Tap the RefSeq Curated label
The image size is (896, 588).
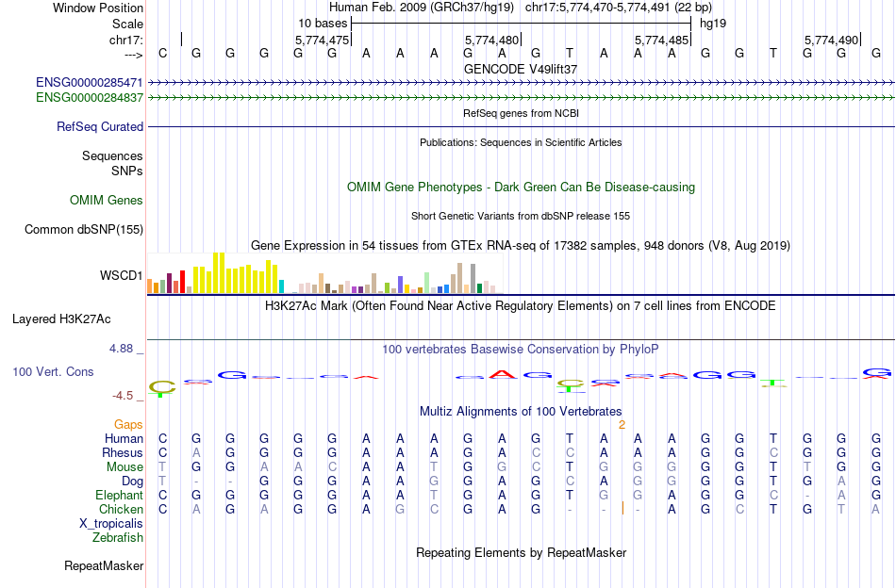[x=100, y=126]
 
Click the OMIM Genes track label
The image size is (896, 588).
[x=107, y=200]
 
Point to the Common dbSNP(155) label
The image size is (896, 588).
[x=84, y=229]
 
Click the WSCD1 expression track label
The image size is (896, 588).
[x=122, y=276]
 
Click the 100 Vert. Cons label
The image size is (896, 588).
[x=53, y=372]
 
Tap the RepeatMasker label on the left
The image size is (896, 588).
[x=104, y=566]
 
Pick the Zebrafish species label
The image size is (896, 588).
[x=118, y=538]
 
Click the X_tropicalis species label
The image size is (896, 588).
[x=111, y=523]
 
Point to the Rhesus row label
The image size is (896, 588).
[x=122, y=452]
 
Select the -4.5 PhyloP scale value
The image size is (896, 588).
[x=124, y=396]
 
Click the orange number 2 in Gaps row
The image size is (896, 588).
[x=622, y=425]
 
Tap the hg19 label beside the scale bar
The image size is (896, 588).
[x=712, y=22]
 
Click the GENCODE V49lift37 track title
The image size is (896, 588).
[x=521, y=69]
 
